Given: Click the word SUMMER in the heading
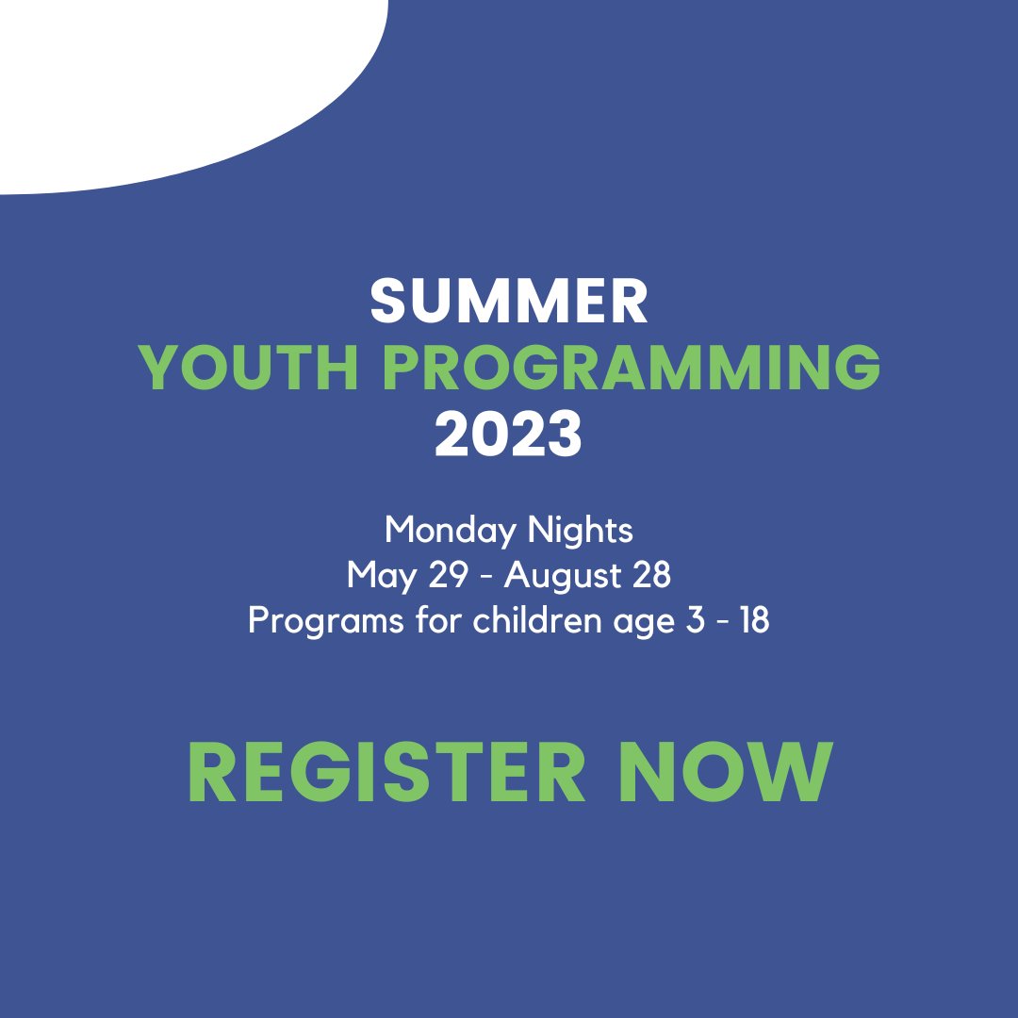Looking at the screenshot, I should [509, 302].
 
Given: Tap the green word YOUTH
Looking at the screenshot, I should [247, 369].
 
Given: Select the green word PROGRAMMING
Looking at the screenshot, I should [631, 369].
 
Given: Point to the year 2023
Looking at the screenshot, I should [509, 435].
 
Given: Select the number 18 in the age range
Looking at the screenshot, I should [753, 621].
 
